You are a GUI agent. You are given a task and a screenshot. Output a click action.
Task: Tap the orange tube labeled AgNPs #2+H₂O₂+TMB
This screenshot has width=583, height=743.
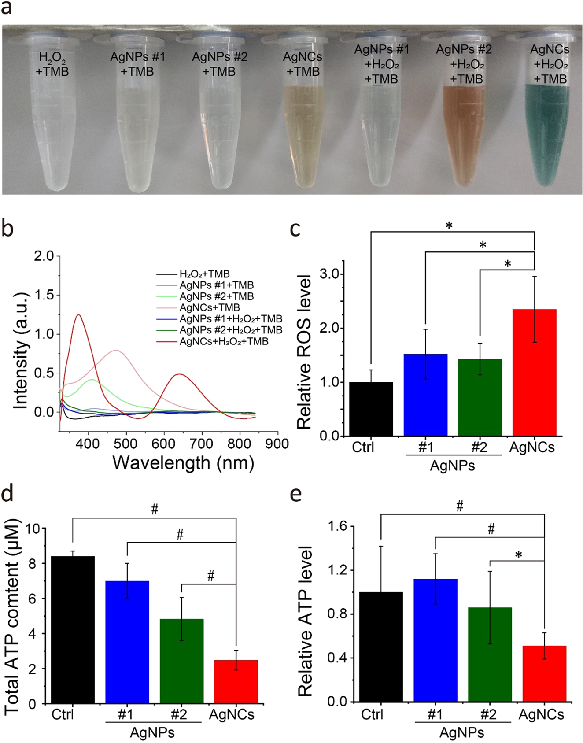click(465, 132)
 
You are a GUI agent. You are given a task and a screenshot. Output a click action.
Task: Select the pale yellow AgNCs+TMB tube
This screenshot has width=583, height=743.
click(303, 132)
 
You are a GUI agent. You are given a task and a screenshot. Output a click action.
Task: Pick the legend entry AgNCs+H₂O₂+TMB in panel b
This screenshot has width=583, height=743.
click(224, 341)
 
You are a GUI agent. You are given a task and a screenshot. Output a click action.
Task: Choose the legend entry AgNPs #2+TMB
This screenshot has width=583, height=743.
click(216, 296)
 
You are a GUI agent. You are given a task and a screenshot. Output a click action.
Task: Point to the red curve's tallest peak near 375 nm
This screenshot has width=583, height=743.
click(78, 315)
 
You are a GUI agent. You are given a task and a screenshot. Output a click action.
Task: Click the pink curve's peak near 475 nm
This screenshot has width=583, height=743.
click(117, 350)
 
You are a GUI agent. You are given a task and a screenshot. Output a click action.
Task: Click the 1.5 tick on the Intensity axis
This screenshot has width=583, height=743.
click(44, 295)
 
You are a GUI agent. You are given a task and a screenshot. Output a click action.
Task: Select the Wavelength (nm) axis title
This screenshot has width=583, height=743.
click(183, 463)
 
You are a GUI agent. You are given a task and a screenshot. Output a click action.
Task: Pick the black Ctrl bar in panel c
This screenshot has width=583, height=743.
click(371, 409)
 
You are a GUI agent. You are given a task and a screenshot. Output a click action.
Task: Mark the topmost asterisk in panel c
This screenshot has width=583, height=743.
click(449, 226)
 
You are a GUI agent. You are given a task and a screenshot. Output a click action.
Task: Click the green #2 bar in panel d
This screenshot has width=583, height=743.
click(181, 661)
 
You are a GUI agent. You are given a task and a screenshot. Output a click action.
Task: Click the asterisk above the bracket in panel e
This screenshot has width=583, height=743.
click(518, 555)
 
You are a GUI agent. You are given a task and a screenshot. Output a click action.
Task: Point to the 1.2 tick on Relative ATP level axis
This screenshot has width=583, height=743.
click(337, 570)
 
